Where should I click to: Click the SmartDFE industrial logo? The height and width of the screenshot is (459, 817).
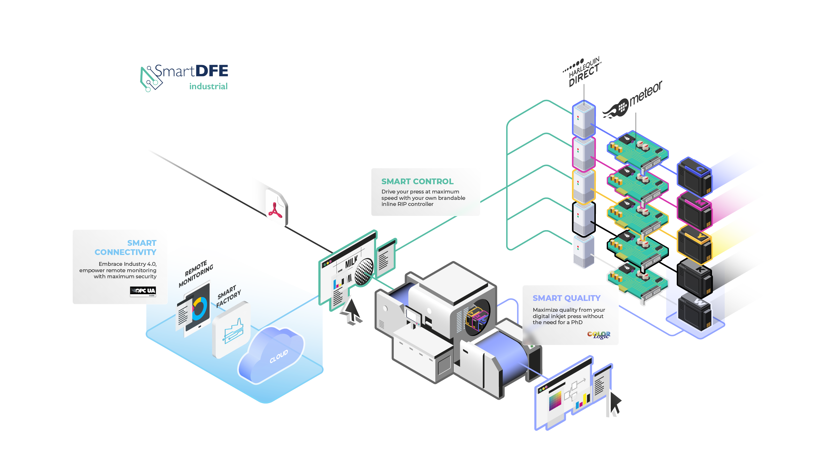pyautogui.click(x=184, y=77)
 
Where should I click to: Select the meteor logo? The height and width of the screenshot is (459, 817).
pyautogui.click(x=633, y=101)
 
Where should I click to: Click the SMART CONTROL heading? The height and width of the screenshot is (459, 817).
pyautogui.click(x=417, y=181)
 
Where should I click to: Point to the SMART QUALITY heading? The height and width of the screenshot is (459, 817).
pyautogui.click(x=566, y=298)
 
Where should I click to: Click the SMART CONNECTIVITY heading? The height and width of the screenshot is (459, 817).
pyautogui.click(x=125, y=248)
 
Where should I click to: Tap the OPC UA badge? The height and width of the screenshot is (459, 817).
pyautogui.click(x=143, y=291)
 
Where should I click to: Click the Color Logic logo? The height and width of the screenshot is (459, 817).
pyautogui.click(x=599, y=335)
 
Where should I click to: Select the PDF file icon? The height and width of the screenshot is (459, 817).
pyautogui.click(x=276, y=208)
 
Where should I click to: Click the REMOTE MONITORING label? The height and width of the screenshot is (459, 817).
pyautogui.click(x=196, y=274)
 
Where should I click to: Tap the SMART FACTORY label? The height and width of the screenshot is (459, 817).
pyautogui.click(x=228, y=296)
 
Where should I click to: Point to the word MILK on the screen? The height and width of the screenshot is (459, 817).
pyautogui.click(x=351, y=262)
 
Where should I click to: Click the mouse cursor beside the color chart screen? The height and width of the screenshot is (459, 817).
pyautogui.click(x=615, y=403)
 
